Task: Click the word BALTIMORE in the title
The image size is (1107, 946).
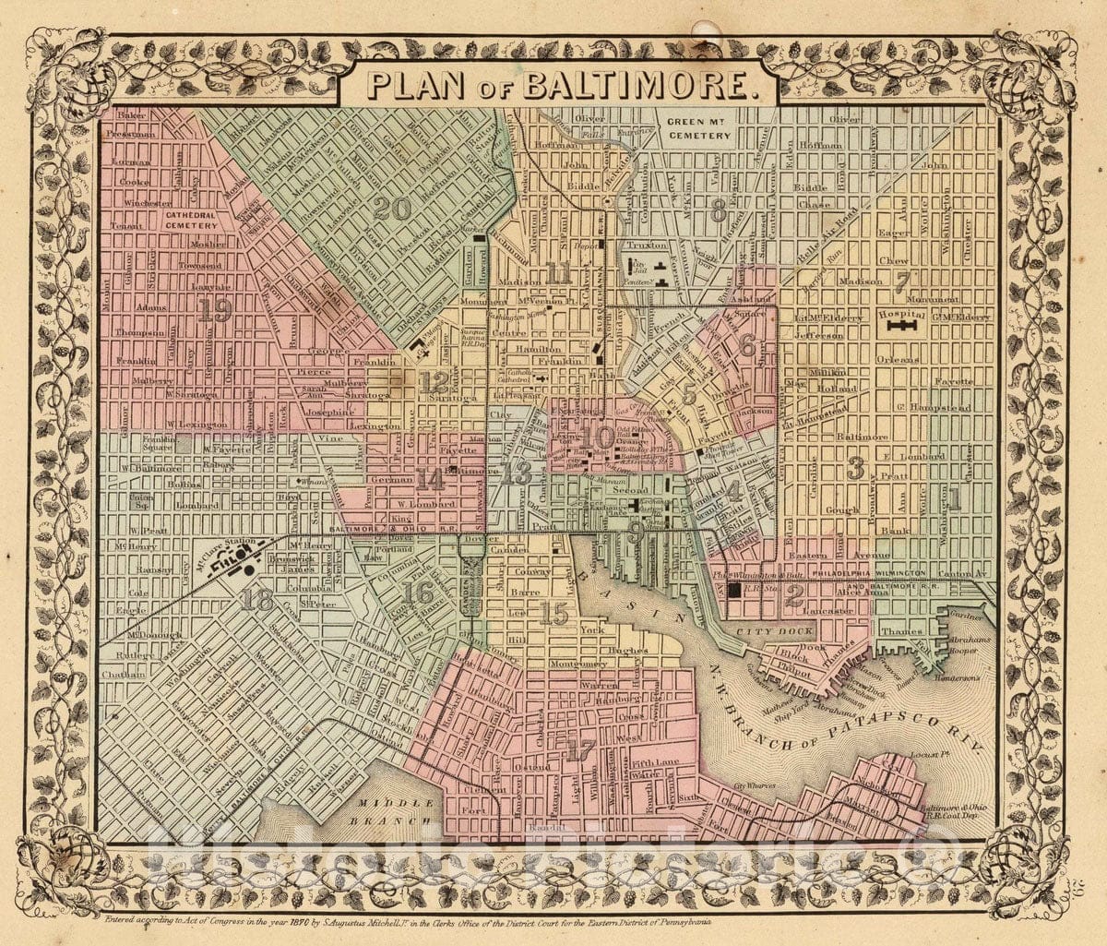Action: (636, 85)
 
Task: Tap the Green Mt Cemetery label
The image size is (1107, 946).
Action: (698, 128)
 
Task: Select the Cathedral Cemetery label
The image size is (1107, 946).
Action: (191, 219)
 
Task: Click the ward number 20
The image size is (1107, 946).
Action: (392, 209)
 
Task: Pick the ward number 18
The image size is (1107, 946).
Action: (257, 601)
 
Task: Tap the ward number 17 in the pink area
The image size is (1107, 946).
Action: (580, 750)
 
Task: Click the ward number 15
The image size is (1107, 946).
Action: (554, 613)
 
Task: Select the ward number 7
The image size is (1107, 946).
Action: (902, 281)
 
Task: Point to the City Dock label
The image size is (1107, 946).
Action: (787, 630)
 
